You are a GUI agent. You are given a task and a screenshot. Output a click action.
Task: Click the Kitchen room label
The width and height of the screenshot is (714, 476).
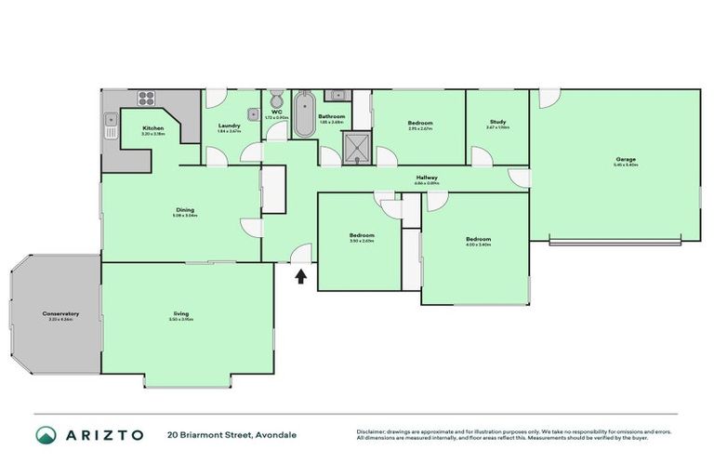pyautogui.click(x=153, y=127)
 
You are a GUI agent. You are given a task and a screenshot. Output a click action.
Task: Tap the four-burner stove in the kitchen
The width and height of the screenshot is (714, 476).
pyautogui.click(x=146, y=97)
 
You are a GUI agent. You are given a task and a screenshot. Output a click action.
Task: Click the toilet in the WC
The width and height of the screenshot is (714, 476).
pyautogui.click(x=276, y=100)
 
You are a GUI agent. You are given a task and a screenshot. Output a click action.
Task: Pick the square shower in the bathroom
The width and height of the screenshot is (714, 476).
pyautogui.click(x=354, y=146)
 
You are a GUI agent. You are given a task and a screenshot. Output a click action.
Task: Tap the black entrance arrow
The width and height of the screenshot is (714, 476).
pyautogui.click(x=300, y=275)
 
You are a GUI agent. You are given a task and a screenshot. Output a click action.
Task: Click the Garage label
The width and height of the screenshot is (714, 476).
pyautogui.click(x=625, y=159)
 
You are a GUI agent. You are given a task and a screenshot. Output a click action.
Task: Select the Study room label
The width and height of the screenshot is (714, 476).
pyautogui.click(x=497, y=122)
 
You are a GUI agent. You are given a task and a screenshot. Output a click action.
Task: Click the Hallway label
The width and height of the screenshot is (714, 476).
pyautogui.click(x=427, y=178)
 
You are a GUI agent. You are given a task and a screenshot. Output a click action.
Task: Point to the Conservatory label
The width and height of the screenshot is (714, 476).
pyautogui.click(x=60, y=313)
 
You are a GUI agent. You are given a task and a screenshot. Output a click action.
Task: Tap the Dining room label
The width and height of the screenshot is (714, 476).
pyautogui.click(x=185, y=209)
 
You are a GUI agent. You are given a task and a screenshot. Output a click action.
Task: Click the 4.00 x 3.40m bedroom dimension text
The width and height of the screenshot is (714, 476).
pyautogui.click(x=478, y=245)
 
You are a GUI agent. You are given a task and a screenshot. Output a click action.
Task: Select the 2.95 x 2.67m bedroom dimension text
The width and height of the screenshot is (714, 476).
pyautogui.click(x=420, y=129)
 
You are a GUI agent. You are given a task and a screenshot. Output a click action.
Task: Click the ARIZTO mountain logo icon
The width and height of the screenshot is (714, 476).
pyautogui.click(x=46, y=434)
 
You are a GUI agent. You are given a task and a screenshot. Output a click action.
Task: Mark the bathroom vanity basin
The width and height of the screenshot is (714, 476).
pyautogui.click(x=337, y=95)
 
